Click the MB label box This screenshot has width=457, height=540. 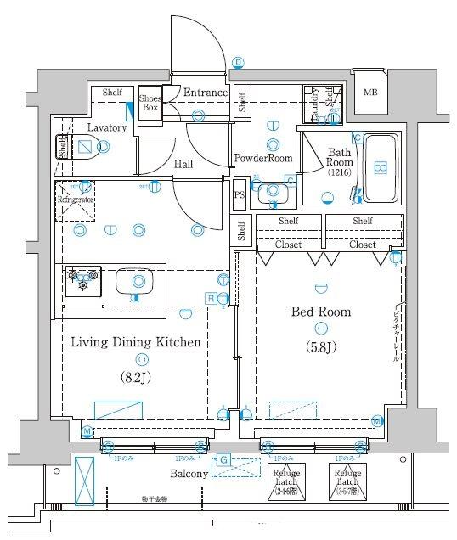370,92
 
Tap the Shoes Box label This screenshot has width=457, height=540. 150,103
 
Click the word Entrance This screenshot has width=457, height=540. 206,93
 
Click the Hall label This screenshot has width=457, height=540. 183,164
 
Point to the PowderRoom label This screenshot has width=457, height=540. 263,158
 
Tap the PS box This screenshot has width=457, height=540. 239,194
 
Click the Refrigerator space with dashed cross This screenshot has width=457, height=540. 75,200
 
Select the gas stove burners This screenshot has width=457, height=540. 83,278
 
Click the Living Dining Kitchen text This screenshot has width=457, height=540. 135,342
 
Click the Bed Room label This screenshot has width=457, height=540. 320,312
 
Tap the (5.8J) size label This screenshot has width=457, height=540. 320,346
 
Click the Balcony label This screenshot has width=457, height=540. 189,474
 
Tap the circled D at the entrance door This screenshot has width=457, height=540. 238,62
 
